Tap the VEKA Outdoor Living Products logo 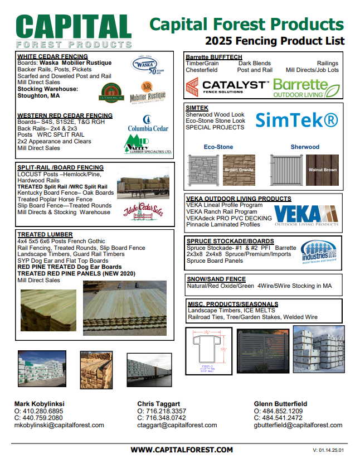[307, 216]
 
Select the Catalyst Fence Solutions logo [227, 88]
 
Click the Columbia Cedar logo [148, 123]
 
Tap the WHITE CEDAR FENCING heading [52, 56]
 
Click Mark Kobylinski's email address [59, 425]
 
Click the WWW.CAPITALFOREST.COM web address [182, 450]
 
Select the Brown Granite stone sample [239, 170]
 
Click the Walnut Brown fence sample [322, 170]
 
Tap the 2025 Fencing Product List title [275, 41]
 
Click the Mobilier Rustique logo [148, 91]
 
